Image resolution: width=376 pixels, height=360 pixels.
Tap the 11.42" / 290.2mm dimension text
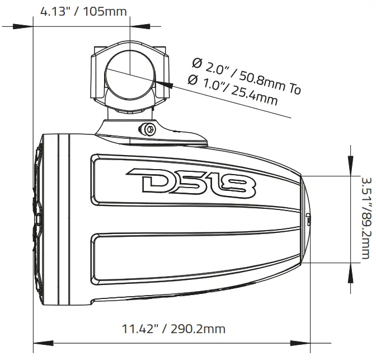[x=173, y=328]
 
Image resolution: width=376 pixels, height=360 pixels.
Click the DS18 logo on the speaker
[x=191, y=182]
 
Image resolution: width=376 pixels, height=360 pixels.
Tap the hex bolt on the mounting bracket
[x=149, y=129]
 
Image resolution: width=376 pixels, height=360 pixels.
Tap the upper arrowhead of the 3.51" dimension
[x=351, y=166]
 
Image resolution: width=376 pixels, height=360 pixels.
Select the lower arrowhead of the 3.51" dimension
[x=351, y=273]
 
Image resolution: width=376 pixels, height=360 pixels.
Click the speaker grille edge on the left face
[x=38, y=218]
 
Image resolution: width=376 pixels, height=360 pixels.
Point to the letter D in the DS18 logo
[x=147, y=182]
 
